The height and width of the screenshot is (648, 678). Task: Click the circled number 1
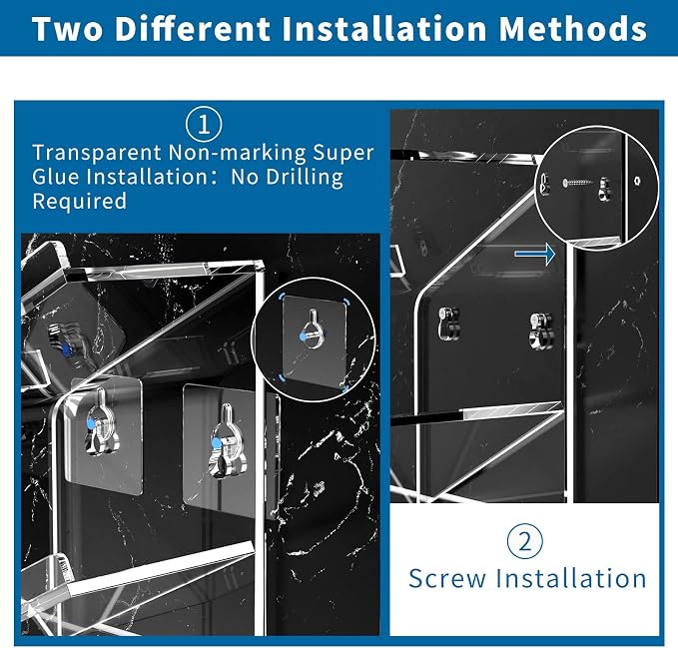(x=204, y=125)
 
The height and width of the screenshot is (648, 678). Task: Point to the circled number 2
(x=525, y=541)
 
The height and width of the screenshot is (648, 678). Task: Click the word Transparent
(x=97, y=153)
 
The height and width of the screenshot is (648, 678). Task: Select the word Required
(x=80, y=202)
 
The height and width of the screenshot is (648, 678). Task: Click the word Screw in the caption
(x=447, y=578)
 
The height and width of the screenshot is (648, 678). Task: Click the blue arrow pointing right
(x=535, y=254)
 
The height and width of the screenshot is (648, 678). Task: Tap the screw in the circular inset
(x=578, y=183)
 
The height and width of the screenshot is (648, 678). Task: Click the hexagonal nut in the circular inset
(x=637, y=181)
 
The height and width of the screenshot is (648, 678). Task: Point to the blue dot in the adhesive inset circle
(x=304, y=336)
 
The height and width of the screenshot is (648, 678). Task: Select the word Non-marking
(x=237, y=153)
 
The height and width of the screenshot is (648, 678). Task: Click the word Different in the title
(x=193, y=29)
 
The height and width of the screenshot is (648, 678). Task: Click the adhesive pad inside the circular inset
(x=315, y=341)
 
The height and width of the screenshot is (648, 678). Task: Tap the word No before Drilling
(x=245, y=178)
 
